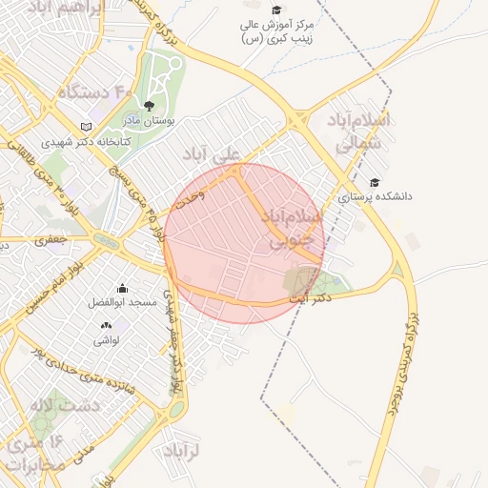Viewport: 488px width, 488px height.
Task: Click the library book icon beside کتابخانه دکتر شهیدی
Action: [87, 126]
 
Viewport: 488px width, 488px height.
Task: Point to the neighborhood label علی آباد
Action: [218, 152]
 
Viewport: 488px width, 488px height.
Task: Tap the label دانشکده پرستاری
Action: [376, 196]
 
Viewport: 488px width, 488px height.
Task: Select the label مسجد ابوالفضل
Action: [123, 302]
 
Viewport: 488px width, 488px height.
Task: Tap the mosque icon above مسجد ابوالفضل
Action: [122, 288]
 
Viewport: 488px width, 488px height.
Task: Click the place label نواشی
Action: [104, 339]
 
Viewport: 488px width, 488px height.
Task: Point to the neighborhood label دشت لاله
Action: [56, 406]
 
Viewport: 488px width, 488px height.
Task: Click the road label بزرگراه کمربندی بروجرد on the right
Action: [400, 362]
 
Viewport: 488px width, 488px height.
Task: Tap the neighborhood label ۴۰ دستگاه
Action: [96, 92]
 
